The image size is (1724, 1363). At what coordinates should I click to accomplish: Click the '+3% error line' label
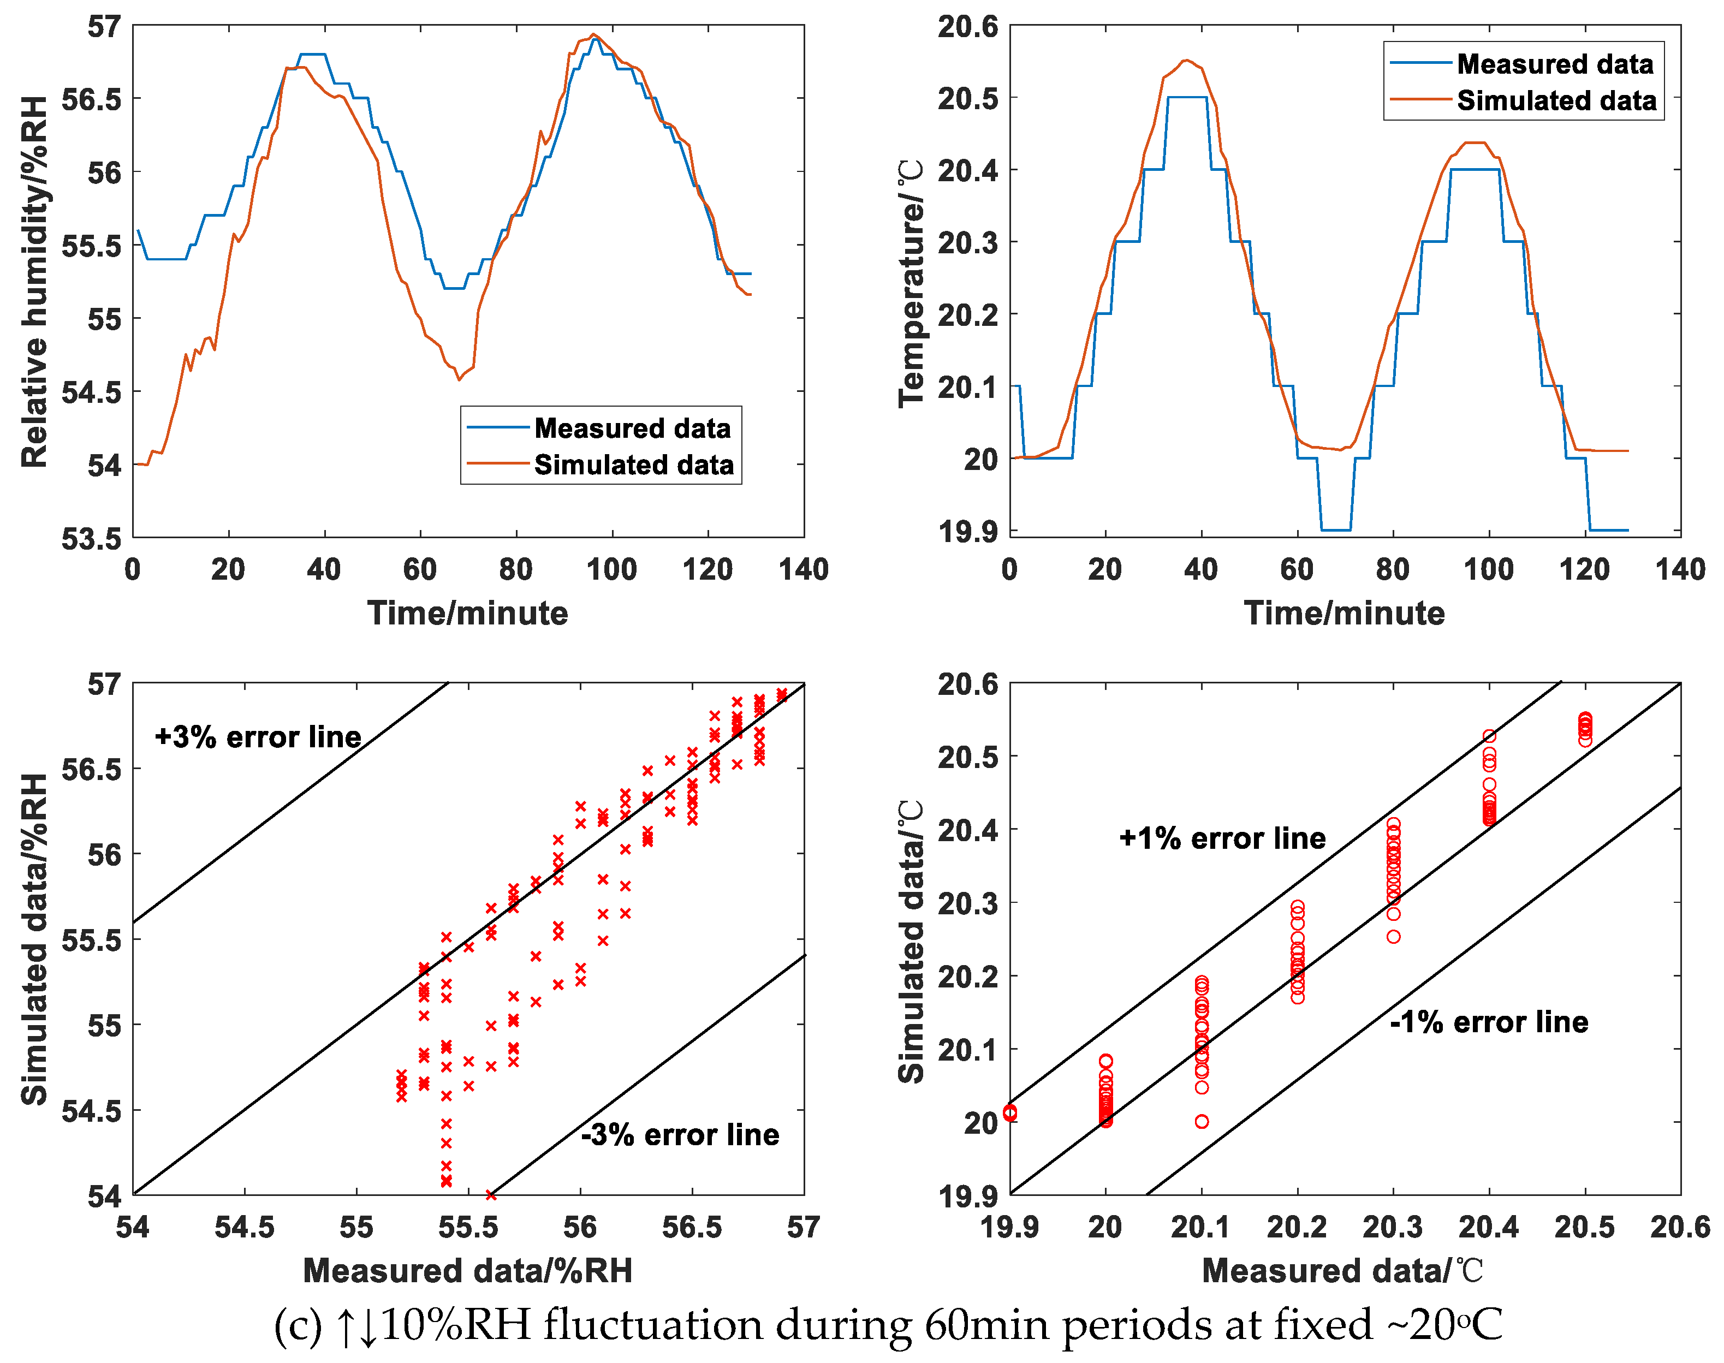point(258,736)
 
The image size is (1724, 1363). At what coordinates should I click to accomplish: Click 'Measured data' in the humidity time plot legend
point(632,428)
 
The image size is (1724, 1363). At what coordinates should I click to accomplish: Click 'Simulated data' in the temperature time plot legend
point(1556,100)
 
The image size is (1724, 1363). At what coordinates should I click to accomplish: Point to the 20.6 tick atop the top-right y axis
point(967,26)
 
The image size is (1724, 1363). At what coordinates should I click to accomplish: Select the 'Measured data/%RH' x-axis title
point(468,1270)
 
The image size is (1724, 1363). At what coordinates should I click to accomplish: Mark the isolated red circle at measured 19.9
point(1009,1112)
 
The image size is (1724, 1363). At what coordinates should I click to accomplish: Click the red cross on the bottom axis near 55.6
point(491,1195)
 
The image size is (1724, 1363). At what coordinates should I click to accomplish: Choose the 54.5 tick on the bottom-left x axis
point(244,1227)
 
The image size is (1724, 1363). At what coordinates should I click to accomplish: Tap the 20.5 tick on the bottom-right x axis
point(1584,1227)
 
